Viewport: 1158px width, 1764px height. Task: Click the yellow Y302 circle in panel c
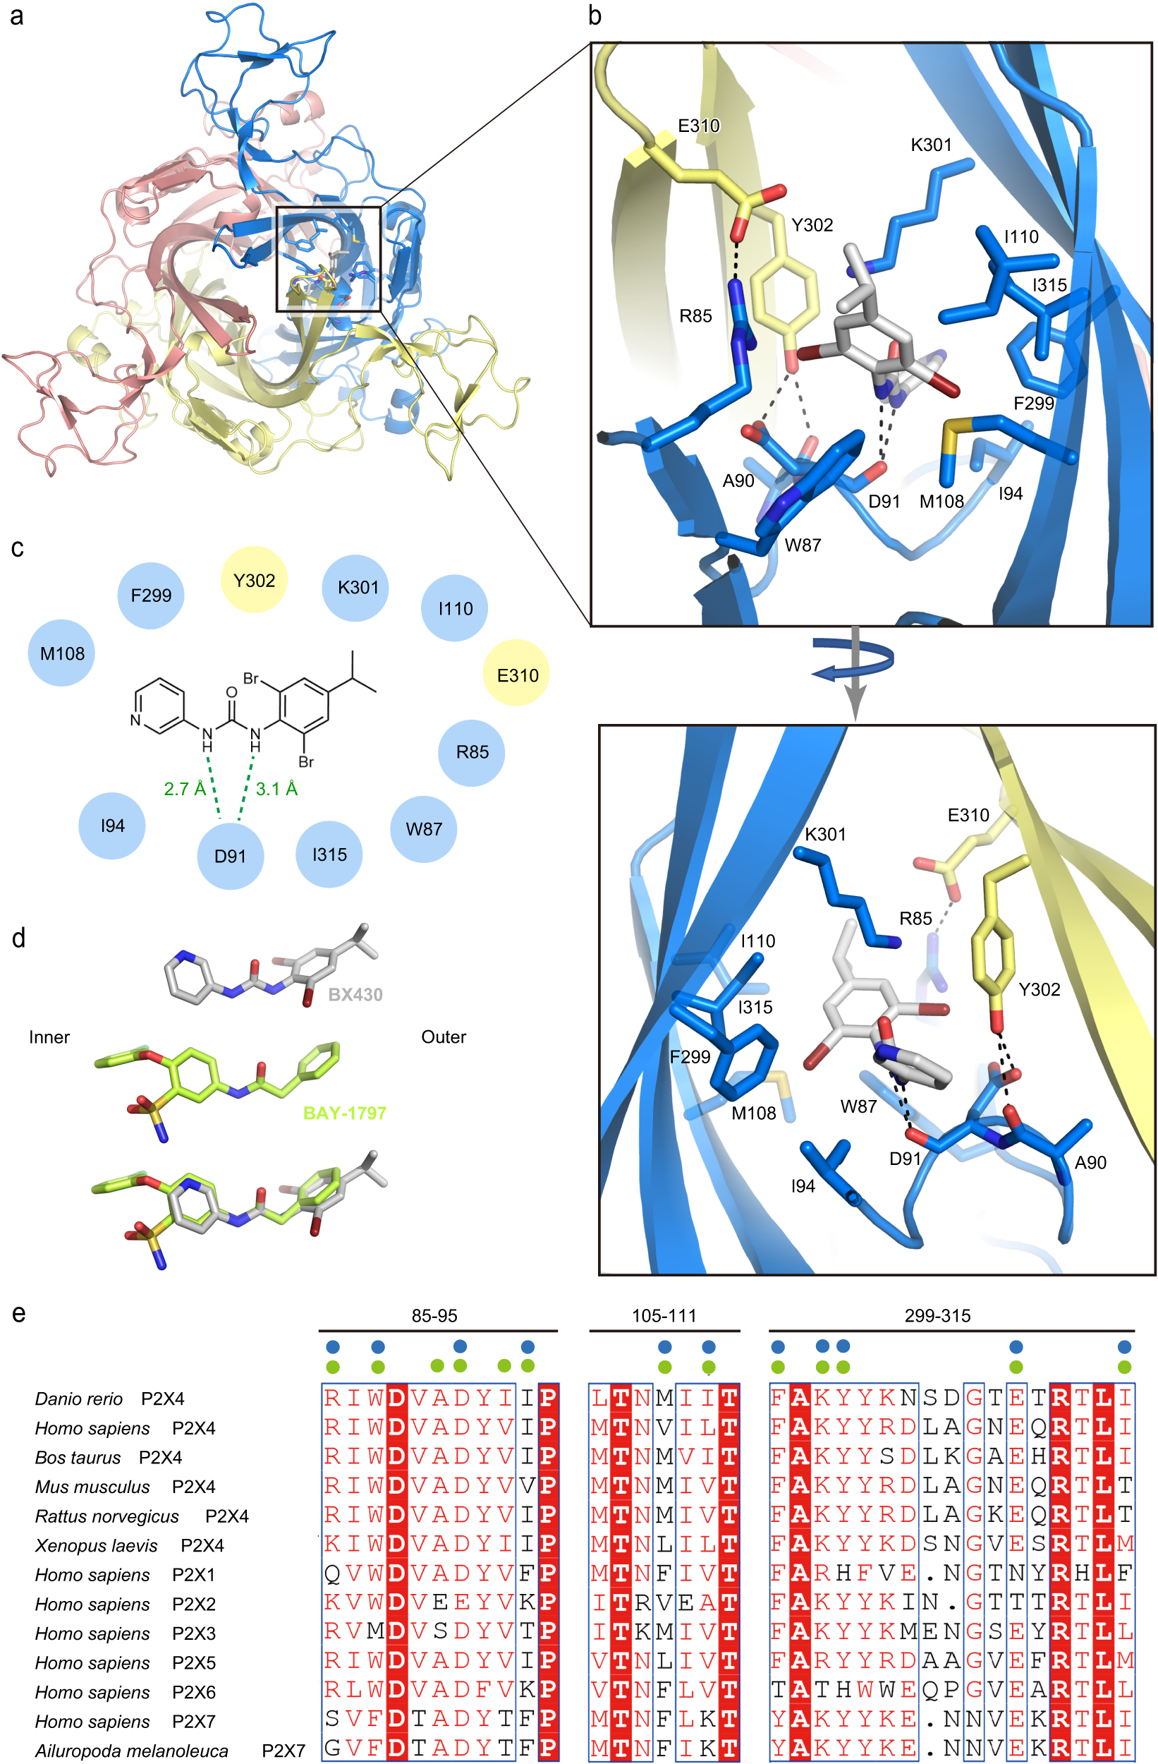coord(253,579)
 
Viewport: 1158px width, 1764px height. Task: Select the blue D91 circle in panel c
coord(230,856)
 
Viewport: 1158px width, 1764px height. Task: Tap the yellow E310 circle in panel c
coord(517,675)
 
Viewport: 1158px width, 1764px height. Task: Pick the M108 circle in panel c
coord(61,653)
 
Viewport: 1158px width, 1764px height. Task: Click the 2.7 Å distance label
coord(185,789)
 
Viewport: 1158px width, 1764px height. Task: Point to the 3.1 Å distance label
coord(276,789)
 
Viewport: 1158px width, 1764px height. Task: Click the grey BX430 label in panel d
coord(355,995)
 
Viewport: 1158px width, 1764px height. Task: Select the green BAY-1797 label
coord(345,1113)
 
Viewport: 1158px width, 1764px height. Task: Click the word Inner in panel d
coord(49,1037)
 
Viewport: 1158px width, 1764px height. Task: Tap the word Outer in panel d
coord(443,1037)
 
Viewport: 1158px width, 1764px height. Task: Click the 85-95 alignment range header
coord(434,1315)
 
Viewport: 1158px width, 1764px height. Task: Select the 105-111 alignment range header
coord(664,1315)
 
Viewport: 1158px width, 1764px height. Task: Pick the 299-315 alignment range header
coord(937,1315)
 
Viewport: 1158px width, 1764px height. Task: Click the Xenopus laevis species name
coord(97,1545)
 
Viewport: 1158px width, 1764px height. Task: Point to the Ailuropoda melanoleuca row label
coord(131,1751)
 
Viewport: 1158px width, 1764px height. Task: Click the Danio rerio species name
coord(78,1398)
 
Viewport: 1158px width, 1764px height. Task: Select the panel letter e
coord(18,1313)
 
